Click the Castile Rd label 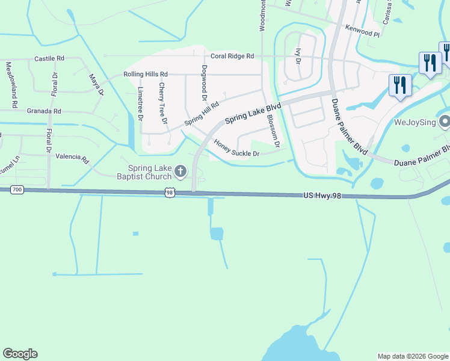click(x=49, y=58)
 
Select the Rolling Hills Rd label click(x=146, y=74)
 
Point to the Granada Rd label click(x=44, y=111)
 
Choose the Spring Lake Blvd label click(x=253, y=112)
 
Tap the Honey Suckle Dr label click(x=236, y=149)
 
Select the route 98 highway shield click(x=170, y=192)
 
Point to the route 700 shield click(x=17, y=190)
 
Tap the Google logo click(x=20, y=354)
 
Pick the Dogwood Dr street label click(x=205, y=83)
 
